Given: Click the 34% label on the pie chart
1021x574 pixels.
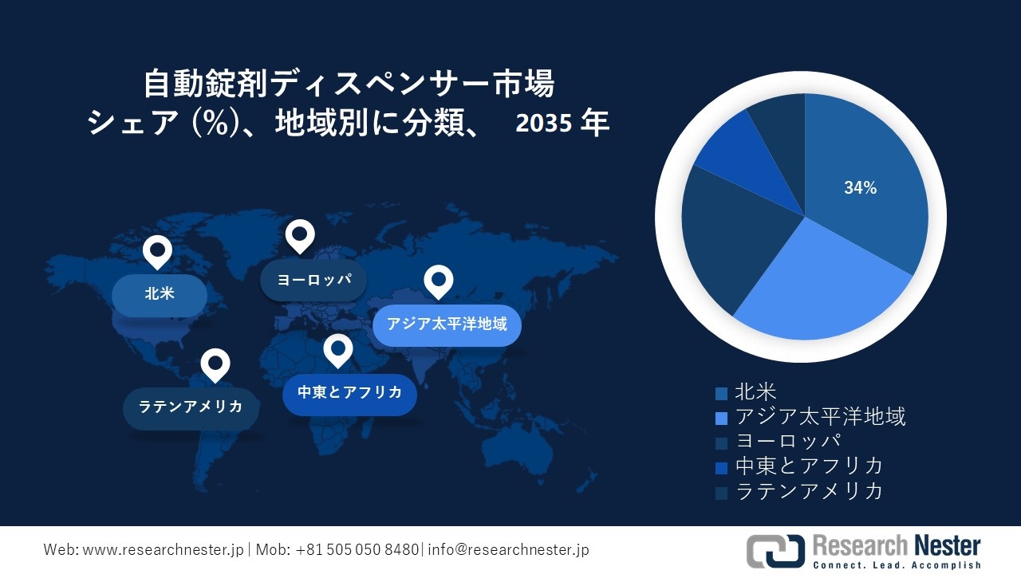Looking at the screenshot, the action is [860, 187].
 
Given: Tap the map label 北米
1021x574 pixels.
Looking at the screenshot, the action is [160, 295].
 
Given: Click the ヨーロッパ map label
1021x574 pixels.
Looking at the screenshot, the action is [313, 280].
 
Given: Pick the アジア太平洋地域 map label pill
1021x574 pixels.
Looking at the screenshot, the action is [447, 325].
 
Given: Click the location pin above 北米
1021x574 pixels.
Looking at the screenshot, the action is [157, 252].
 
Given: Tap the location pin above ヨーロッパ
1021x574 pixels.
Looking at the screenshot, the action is [300, 236].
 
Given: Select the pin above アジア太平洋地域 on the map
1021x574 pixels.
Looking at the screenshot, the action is [439, 281].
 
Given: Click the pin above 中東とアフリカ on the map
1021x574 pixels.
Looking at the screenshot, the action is [338, 350].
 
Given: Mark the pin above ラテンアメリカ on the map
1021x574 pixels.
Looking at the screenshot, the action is [215, 365].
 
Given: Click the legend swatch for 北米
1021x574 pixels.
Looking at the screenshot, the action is [721, 394].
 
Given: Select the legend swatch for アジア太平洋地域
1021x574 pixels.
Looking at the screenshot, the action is [721, 419].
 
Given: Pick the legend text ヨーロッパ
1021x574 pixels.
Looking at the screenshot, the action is [788, 441].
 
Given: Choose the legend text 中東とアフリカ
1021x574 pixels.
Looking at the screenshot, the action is [810, 466].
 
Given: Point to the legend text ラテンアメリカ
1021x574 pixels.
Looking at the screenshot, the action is [810, 490].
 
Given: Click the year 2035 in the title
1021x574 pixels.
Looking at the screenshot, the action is [543, 124].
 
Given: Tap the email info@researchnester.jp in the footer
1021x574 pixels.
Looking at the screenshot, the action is [508, 550].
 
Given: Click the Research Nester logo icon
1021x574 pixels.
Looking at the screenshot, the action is [775, 551].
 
